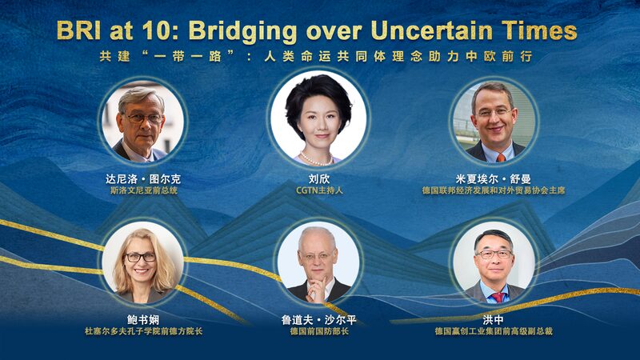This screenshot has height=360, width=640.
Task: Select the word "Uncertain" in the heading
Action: pos(444,30)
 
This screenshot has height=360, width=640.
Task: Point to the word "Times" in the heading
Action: pos(542,30)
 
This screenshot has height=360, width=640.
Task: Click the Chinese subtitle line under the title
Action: pos(320,58)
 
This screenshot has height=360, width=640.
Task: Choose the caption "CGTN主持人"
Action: pos(318,192)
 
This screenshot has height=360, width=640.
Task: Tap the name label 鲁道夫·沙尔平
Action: pos(318,318)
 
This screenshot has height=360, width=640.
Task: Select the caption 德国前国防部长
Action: pos(318,330)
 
